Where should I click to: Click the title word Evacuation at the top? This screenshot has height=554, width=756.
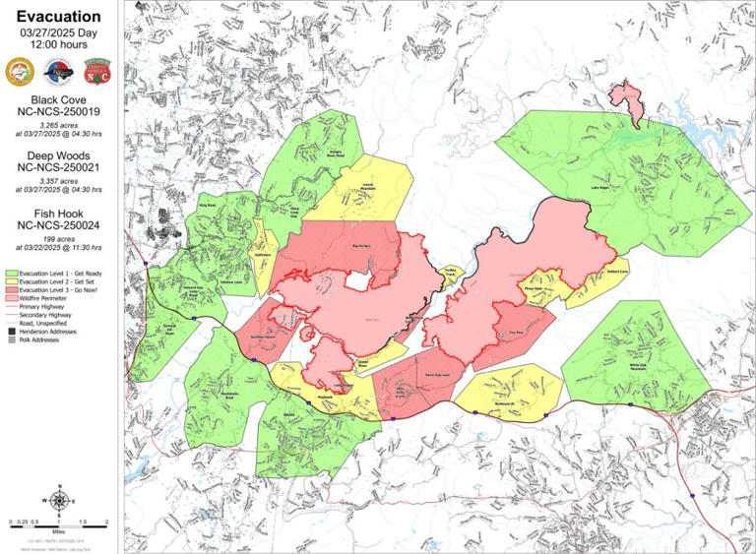pos(58,17)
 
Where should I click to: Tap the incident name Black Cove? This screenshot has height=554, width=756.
pos(58,101)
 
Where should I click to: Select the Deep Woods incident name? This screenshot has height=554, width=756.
pos(58,155)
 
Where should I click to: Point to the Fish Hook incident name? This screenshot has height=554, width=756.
pos(58,213)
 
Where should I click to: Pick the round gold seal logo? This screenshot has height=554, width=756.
pos(21,70)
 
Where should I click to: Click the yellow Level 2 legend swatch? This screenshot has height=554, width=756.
pos(12,281)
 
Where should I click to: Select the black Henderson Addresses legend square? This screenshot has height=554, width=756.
pos(12,332)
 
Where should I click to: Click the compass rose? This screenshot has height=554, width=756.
pos(58,500)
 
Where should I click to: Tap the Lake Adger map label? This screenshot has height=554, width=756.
pos(601,186)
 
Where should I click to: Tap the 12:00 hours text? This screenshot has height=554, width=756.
pos(58,45)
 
